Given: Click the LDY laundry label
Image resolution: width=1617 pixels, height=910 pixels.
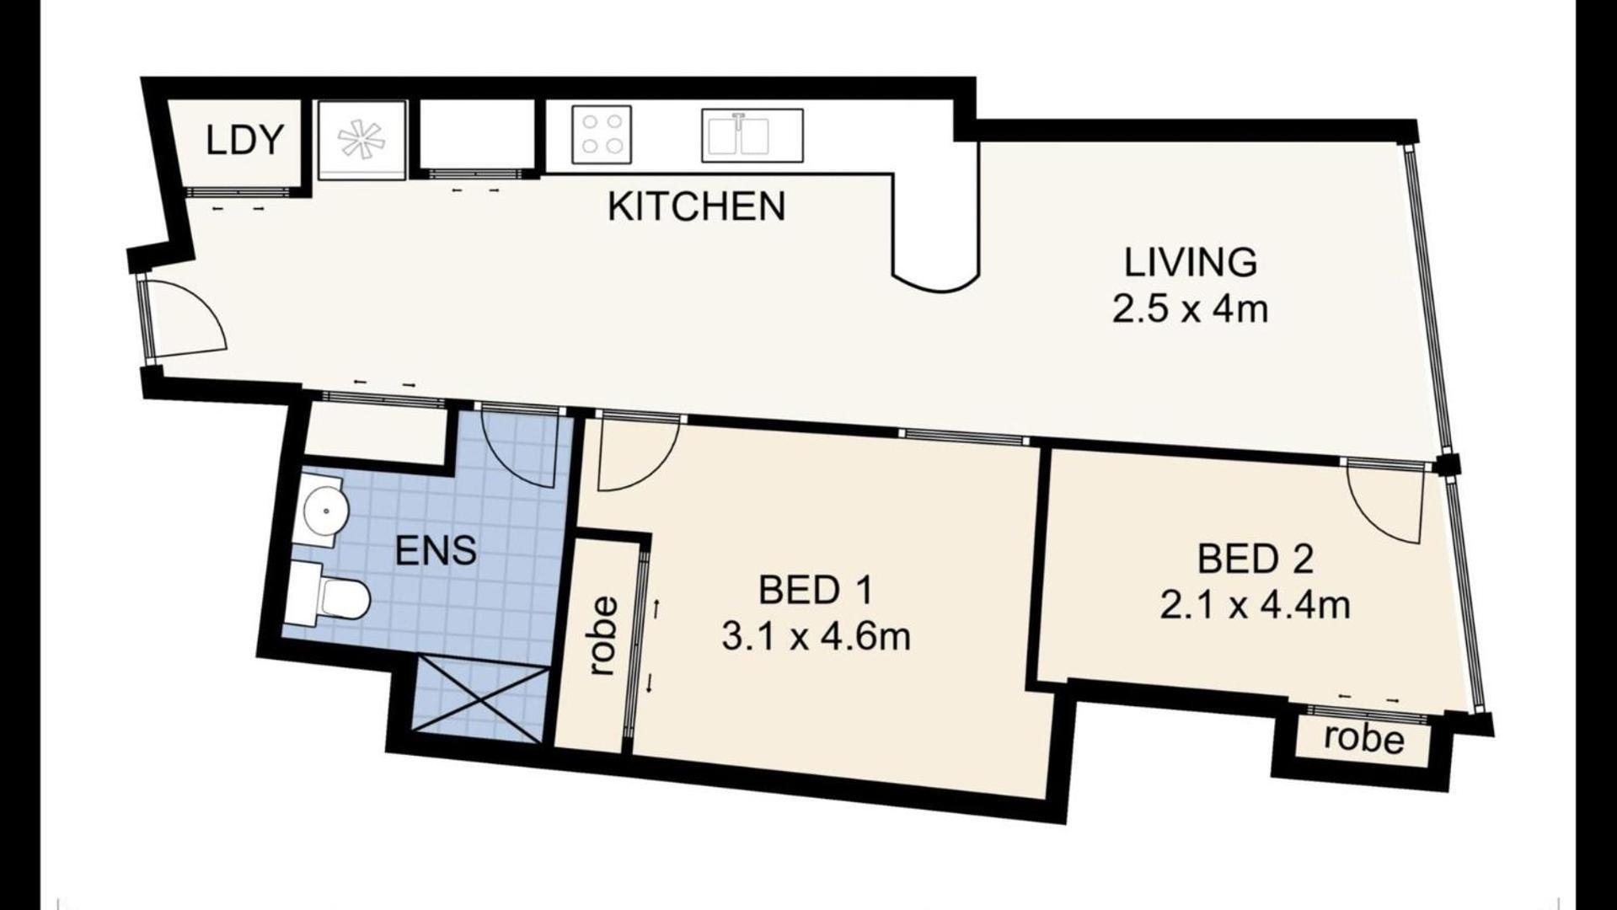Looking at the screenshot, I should (244, 140).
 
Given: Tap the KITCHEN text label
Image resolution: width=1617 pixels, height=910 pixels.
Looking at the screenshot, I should (696, 206).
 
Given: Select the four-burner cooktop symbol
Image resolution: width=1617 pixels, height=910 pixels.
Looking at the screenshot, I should (602, 135).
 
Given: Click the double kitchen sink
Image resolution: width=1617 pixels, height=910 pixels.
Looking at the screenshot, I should (752, 135).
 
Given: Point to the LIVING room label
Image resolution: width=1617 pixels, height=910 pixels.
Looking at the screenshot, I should (1190, 262).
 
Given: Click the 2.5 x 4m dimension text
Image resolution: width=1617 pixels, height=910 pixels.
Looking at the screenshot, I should (1190, 309).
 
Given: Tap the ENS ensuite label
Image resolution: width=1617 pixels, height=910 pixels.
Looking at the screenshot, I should (436, 551).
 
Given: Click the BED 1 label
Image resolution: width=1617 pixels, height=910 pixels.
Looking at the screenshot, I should (815, 590).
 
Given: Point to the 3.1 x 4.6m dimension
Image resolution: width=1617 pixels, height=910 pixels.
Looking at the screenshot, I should (816, 636).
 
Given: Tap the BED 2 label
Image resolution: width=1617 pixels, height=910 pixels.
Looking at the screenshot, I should (1255, 559).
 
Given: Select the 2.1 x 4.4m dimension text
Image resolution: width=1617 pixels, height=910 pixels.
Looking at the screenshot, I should (1255, 605).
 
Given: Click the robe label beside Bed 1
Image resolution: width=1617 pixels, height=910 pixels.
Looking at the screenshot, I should (603, 636).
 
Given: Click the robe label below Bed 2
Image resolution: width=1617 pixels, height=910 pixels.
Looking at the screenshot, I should (1363, 738).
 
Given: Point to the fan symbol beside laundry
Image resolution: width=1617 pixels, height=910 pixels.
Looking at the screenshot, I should (361, 139).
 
